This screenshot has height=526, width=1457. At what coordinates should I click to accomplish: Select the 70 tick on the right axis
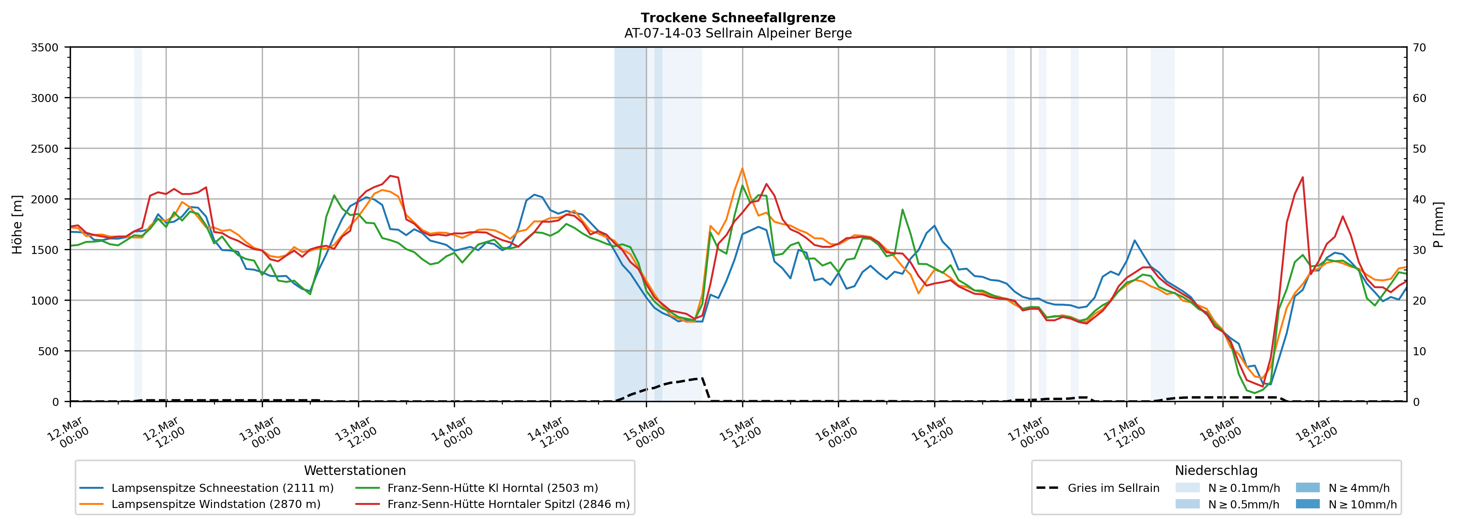[x=1419, y=48]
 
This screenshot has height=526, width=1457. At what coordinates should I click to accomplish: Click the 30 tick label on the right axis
[x=1419, y=250]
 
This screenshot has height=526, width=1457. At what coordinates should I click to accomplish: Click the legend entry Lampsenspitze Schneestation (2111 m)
[x=222, y=488]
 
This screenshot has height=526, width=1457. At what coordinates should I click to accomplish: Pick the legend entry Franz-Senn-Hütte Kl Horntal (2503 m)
[x=492, y=488]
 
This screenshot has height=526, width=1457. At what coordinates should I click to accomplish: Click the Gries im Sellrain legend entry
[x=1113, y=488]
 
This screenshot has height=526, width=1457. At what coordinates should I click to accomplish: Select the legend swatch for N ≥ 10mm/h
[x=1308, y=504]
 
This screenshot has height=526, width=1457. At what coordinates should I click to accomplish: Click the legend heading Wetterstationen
[x=355, y=470]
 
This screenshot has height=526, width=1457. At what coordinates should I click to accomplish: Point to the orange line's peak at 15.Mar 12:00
[x=742, y=168]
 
